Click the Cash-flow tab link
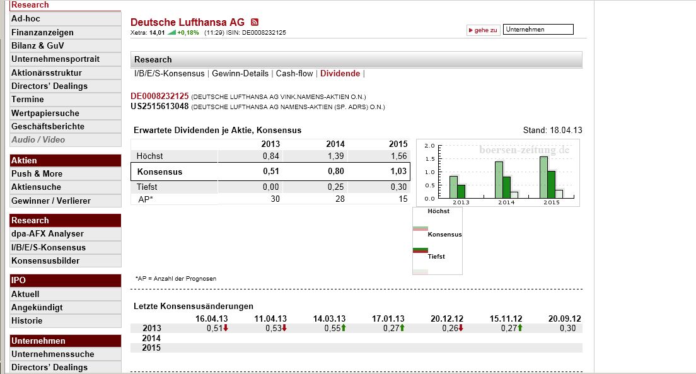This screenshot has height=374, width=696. [x=294, y=74]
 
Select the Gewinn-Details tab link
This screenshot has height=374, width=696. [x=240, y=74]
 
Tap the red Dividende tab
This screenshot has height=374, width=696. [x=340, y=74]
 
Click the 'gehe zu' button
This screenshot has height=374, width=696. [x=484, y=30]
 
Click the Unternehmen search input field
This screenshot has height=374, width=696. [x=539, y=30]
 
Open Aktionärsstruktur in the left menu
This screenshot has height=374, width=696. [x=47, y=73]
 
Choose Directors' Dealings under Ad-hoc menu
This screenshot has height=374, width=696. [x=49, y=86]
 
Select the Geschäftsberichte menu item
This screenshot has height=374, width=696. [x=48, y=126]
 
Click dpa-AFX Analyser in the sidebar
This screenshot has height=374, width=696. [x=47, y=234]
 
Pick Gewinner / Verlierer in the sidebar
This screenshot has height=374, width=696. [x=51, y=201]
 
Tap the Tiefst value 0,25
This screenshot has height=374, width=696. [x=335, y=187]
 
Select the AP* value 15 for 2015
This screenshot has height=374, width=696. [x=402, y=199]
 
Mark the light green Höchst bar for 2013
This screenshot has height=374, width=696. [x=453, y=186]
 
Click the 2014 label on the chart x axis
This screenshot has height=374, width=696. [x=506, y=202]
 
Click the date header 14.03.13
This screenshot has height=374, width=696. [x=329, y=318]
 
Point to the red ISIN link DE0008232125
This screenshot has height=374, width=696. [x=159, y=96]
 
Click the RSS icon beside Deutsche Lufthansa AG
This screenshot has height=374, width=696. [x=255, y=22]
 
